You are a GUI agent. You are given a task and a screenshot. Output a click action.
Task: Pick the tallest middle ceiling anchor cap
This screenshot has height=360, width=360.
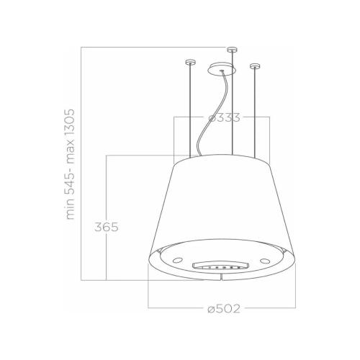pyautogui.click(x=230, y=50)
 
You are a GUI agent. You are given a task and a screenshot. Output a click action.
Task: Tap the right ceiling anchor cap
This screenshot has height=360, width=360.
pyautogui.click(x=253, y=66)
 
